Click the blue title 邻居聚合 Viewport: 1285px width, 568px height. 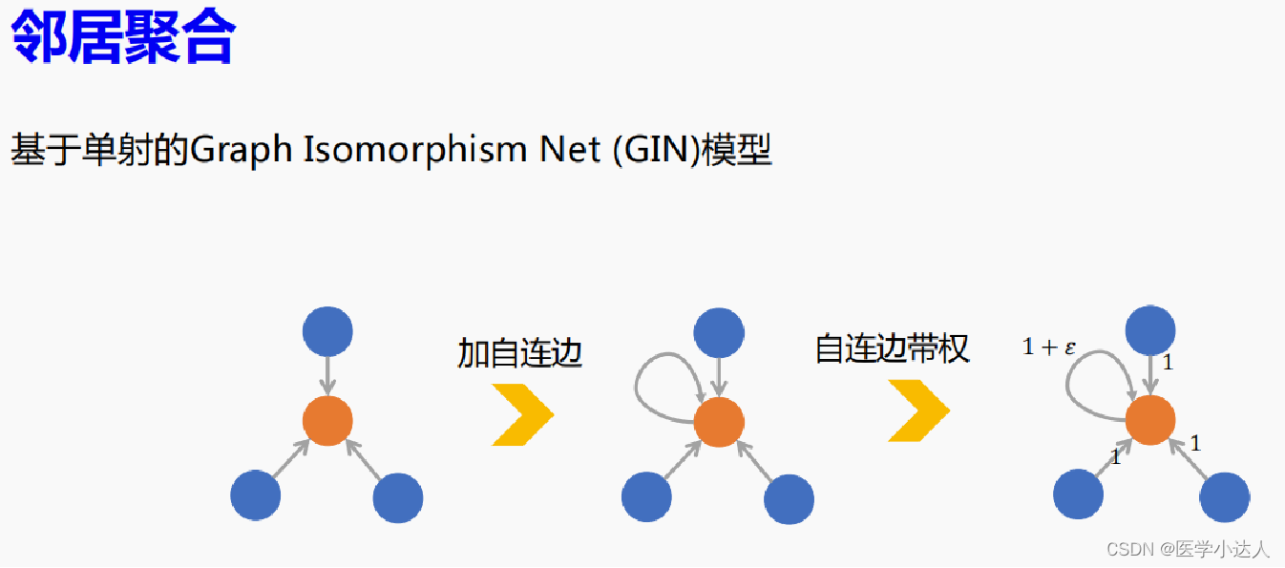click(122, 38)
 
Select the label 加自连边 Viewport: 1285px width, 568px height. click(520, 353)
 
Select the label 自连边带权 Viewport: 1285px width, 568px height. click(892, 348)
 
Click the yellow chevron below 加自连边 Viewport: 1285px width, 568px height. click(522, 413)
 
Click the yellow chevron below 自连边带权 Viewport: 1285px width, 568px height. click(918, 410)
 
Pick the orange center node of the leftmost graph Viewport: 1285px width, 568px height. click(327, 420)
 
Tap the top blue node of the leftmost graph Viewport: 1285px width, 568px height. click(327, 331)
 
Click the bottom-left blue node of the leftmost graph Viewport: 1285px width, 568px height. click(256, 495)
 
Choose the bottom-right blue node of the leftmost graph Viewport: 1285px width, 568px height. click(398, 497)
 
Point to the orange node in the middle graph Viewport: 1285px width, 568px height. click(719, 423)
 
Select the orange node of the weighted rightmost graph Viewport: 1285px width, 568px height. click(1150, 420)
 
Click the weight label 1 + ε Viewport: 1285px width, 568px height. click(1049, 347)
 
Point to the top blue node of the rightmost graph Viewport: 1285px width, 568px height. click(1150, 330)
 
